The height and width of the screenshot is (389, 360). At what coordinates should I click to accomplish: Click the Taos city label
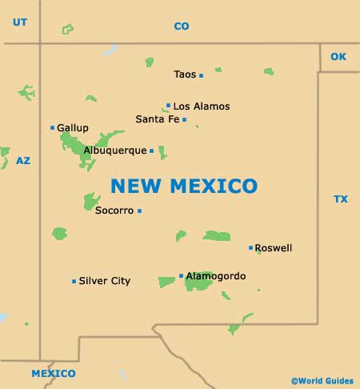(185, 74)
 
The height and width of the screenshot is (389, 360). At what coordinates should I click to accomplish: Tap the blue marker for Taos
(201, 75)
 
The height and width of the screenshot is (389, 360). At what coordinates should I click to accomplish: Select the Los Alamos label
(202, 106)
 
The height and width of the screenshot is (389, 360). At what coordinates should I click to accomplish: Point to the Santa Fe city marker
(184, 120)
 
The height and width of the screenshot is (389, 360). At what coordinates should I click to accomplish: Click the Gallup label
(73, 127)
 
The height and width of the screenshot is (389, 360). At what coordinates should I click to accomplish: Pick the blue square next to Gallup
(53, 127)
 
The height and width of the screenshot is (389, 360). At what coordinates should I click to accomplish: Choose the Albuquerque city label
(115, 150)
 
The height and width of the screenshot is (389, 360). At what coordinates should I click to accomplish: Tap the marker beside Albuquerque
(151, 150)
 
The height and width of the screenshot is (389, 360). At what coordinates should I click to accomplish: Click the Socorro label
(114, 211)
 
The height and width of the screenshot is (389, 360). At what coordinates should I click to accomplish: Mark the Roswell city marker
(250, 248)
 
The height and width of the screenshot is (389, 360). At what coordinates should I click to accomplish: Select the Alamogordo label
(216, 276)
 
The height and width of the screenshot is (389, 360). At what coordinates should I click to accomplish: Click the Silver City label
(104, 281)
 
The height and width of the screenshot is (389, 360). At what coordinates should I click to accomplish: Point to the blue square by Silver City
(74, 281)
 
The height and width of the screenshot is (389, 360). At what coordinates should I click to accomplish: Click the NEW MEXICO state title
(184, 186)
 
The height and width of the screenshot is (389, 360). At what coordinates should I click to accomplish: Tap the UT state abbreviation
(20, 22)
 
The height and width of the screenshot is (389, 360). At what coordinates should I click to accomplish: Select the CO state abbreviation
(182, 26)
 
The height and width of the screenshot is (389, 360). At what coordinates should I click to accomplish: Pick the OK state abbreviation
(338, 56)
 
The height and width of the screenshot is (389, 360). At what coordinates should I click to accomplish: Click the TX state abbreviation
(341, 199)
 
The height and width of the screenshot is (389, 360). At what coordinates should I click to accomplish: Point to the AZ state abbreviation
(23, 161)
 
